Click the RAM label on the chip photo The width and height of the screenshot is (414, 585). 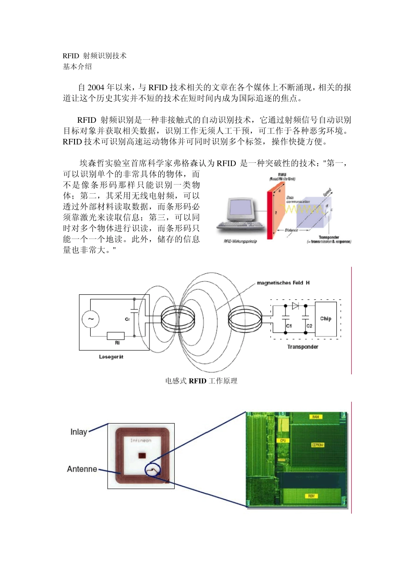pyautogui.click(x=316, y=417)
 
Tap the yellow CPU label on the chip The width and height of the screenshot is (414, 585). pyautogui.click(x=283, y=440)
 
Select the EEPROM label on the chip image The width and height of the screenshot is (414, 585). pyautogui.click(x=317, y=445)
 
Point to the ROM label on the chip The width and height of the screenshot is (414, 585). pyautogui.click(x=311, y=496)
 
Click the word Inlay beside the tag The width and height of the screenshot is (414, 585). pyautogui.click(x=78, y=432)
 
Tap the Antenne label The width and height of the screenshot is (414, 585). pyautogui.click(x=82, y=469)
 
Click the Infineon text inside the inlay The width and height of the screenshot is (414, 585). pyautogui.click(x=141, y=440)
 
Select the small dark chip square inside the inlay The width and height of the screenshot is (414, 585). pyautogui.click(x=142, y=455)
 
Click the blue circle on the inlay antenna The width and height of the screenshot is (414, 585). pyautogui.click(x=153, y=470)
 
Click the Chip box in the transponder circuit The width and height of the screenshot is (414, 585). pyautogui.click(x=326, y=319)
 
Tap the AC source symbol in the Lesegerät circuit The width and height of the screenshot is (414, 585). pyautogui.click(x=91, y=319)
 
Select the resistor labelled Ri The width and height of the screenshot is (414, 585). pyautogui.click(x=116, y=336)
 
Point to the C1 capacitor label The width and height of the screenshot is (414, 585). pyautogui.click(x=289, y=326)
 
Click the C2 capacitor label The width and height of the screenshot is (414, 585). pyautogui.click(x=309, y=326)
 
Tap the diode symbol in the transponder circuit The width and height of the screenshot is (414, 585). pyautogui.click(x=295, y=306)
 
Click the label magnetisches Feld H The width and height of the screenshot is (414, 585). pyautogui.click(x=283, y=283)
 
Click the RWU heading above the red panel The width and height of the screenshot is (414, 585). pyautogui.click(x=282, y=175)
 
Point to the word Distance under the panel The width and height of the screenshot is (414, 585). pyautogui.click(x=292, y=230)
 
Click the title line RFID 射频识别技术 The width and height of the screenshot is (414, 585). pyautogui.click(x=95, y=56)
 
